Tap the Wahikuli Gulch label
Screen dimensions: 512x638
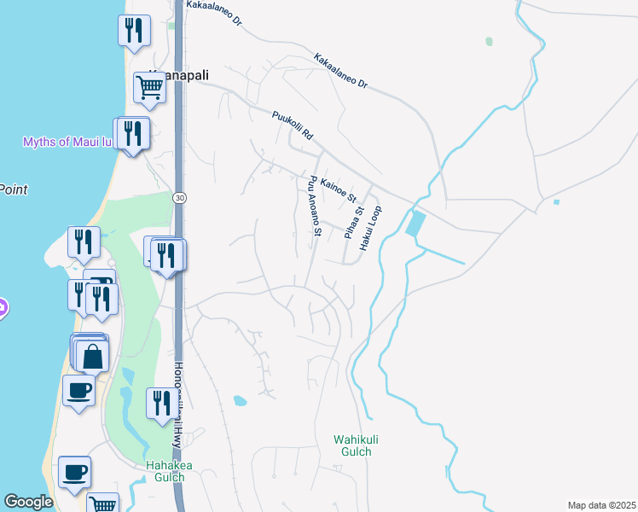(352, 445)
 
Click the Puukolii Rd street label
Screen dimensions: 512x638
(293, 125)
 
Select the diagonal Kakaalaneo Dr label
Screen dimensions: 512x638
(340, 73)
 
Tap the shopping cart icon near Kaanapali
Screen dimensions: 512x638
(149, 86)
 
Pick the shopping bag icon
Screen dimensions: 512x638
(93, 355)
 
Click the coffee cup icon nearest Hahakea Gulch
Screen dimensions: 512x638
(74, 471)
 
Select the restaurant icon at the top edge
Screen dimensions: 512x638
(134, 30)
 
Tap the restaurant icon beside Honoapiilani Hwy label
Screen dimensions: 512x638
(160, 403)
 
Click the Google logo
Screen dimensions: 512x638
(28, 502)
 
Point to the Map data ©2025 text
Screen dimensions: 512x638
(601, 505)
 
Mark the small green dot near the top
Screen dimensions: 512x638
(489, 41)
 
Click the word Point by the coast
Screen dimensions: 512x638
(14, 189)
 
